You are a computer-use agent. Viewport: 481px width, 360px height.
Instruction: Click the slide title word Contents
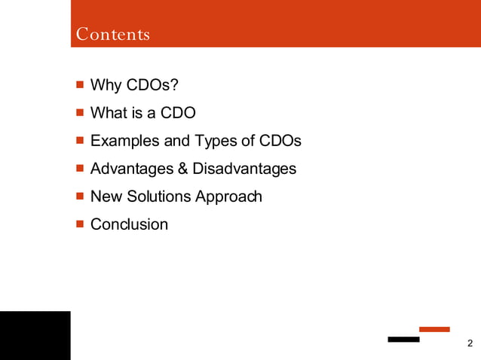113,35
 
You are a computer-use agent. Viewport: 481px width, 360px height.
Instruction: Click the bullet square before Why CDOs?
79,85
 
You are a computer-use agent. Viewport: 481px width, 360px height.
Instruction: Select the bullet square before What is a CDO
79,113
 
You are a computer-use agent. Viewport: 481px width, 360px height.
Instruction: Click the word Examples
123,141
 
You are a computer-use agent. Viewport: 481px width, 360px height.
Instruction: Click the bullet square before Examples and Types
79,141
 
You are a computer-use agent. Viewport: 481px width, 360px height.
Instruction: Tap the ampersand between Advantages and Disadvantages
182,169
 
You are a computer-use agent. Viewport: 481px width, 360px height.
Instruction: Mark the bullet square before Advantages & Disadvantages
79,169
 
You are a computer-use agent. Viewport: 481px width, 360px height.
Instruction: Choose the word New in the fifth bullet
105,197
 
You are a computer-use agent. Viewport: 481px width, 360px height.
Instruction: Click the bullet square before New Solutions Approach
79,197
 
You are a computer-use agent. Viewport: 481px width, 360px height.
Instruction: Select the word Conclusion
129,224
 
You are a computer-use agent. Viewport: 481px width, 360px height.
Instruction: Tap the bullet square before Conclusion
79,224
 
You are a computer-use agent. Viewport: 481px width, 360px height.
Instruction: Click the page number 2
470,344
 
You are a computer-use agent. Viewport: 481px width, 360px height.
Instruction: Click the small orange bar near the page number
434,329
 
